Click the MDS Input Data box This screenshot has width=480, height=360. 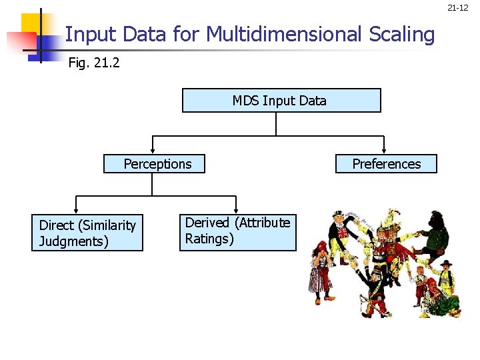(281, 101)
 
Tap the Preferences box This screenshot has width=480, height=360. (387, 164)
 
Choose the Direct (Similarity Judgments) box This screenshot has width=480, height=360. (87, 233)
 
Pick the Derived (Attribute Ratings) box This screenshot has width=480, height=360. (237, 231)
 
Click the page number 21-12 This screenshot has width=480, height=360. (457, 8)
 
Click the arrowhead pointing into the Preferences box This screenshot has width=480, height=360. (384, 149)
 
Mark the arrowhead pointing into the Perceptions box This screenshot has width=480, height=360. (154, 149)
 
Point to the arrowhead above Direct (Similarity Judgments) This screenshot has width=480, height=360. (76, 210)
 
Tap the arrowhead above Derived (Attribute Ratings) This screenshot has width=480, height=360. (235, 210)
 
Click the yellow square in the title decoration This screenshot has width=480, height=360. (31, 25)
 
